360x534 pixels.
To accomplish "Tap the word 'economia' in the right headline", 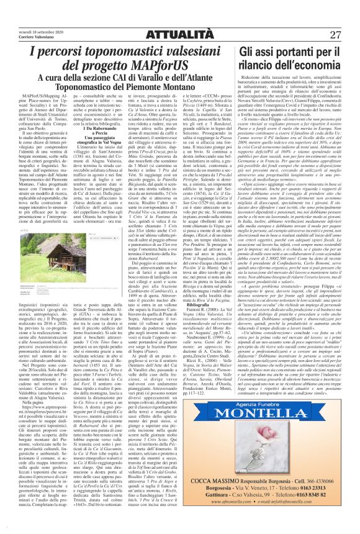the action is click(313, 66).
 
